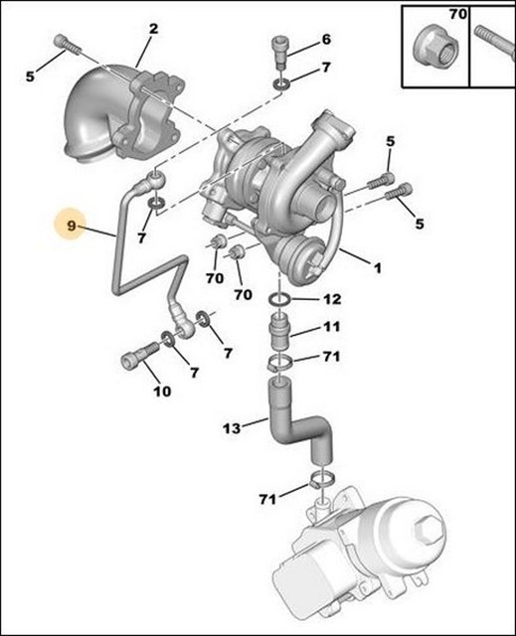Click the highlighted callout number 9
pyautogui.click(x=72, y=228)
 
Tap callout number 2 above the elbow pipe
pyautogui.click(x=153, y=29)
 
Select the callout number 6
pyautogui.click(x=325, y=40)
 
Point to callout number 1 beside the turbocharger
pyautogui.click(x=377, y=267)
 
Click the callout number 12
pyautogui.click(x=332, y=299)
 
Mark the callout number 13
pyautogui.click(x=231, y=429)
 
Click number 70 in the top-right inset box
pyautogui.click(x=457, y=15)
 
